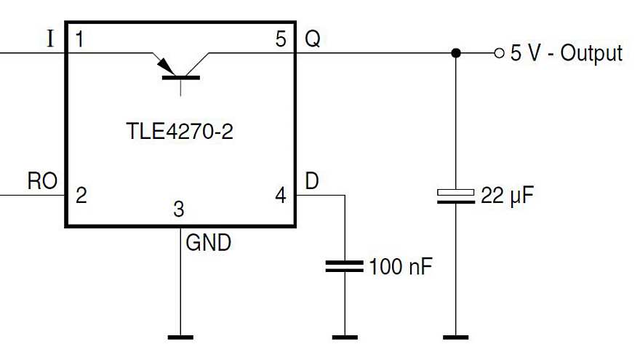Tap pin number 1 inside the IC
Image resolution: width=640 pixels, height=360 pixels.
point(79,40)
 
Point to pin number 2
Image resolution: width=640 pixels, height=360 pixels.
point(81,195)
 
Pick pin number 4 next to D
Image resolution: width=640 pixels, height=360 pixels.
point(281,195)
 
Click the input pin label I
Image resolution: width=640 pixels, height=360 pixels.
point(50,39)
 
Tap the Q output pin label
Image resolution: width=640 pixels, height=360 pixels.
point(312,39)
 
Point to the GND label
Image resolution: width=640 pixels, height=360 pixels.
point(209,242)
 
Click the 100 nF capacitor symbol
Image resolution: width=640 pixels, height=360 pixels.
point(343,266)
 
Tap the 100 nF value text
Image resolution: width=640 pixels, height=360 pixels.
point(401,267)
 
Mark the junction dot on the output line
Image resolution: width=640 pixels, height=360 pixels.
point(456,53)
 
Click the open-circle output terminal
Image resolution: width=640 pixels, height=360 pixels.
point(498,53)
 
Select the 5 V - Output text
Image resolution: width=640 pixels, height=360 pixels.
point(567,53)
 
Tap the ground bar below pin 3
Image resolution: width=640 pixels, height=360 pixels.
point(180,337)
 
